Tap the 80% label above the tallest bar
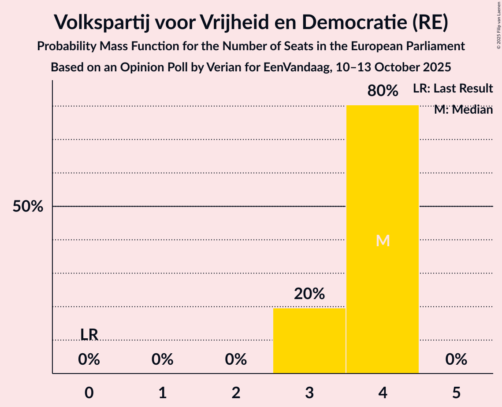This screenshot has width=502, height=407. tap(383, 91)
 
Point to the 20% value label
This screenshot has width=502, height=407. tap(309, 294)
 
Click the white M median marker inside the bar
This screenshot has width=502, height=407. tap(383, 240)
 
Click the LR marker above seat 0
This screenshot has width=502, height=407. tap(89, 335)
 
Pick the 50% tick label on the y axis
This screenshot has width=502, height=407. tap(28, 207)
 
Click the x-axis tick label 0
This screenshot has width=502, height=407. tap(89, 393)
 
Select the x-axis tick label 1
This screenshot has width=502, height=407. tap(163, 393)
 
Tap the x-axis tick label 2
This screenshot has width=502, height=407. tap(236, 393)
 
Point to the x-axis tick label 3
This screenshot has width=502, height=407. tap(309, 393)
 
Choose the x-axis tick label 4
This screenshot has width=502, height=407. tap(383, 393)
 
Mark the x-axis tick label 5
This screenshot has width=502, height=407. tap(456, 393)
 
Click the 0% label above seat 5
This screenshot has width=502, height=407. tap(456, 360)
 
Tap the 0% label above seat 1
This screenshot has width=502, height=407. tap(163, 360)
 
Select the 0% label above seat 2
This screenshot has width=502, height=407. tap(236, 360)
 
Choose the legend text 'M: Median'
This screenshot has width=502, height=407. tap(463, 110)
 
